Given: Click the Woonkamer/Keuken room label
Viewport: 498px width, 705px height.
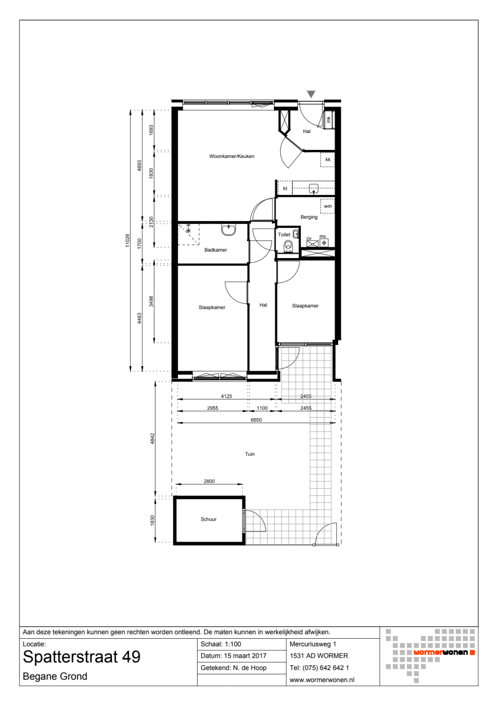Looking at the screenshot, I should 232,156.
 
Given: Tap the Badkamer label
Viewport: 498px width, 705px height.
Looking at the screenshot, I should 216,250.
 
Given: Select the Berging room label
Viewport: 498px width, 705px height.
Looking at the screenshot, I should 309,217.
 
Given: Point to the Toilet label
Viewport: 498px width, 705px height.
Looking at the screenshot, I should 284,235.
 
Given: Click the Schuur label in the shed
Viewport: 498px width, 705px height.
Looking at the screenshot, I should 209,519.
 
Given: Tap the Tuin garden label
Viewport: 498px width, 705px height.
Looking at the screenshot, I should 249,454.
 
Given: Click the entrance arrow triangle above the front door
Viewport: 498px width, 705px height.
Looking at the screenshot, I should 311,94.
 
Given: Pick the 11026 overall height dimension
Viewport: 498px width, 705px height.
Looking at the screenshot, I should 127,241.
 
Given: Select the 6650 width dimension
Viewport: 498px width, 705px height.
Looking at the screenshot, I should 256,420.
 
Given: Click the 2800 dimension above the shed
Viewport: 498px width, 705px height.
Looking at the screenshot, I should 209,481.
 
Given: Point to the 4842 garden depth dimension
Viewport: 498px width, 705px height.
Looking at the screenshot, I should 152,438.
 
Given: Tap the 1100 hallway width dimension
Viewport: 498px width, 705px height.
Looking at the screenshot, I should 262,408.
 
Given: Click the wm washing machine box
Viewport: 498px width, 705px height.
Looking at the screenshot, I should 328,206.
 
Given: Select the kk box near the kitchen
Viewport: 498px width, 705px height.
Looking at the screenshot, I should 328,159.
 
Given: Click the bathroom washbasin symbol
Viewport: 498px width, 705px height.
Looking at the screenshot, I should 229,230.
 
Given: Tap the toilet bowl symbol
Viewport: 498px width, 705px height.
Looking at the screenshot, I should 288,246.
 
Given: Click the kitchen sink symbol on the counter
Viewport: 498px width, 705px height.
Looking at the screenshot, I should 314,188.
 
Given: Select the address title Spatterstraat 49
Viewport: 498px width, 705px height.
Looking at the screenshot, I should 82,657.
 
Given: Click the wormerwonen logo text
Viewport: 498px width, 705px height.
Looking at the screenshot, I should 440,652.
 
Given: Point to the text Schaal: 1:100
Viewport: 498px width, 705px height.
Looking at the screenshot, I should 221,644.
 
